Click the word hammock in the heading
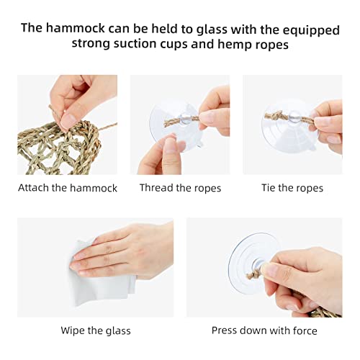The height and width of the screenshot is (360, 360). (76, 28)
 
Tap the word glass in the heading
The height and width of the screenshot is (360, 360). (212, 30)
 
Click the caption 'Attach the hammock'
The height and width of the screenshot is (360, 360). (68, 188)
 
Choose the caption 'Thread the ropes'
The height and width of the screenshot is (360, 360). (180, 188)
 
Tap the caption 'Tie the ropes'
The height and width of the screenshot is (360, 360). (292, 188)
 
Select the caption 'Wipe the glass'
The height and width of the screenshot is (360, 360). (96, 330)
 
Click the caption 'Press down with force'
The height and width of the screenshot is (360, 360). (264, 330)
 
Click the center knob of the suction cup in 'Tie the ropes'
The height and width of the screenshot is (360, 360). (294, 117)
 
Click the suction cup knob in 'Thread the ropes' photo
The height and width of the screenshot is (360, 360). (185, 118)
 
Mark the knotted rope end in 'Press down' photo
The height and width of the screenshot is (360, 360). (253, 274)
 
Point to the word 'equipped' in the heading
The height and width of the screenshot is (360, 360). (311, 31)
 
